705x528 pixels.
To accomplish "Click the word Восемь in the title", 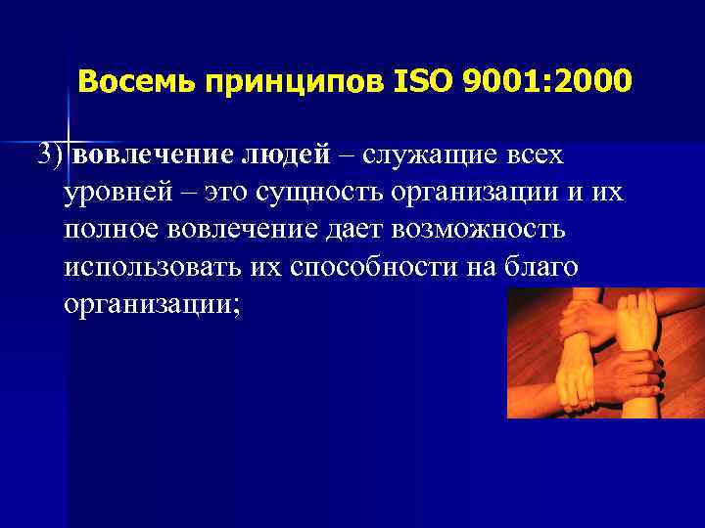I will [x=129, y=81].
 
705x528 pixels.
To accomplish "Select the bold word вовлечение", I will [x=150, y=155].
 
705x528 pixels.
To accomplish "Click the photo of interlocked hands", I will [x=604, y=353].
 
